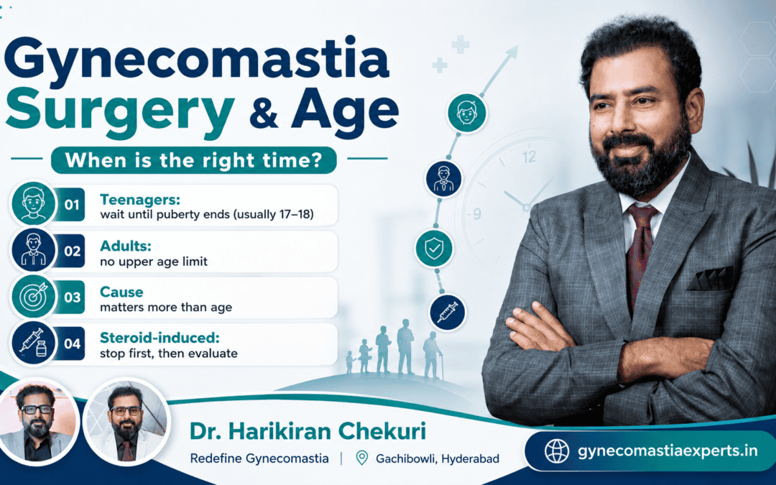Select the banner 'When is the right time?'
194,160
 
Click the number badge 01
71,204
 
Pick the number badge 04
71,343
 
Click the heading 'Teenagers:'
140,200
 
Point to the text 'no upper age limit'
154,262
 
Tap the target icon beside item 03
34,297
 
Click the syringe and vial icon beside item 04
34,343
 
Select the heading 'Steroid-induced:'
160,338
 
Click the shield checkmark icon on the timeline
434,249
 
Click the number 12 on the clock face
529,157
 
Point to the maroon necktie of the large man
640,251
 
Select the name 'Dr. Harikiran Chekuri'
308,431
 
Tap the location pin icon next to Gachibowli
362,458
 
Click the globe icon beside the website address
557,451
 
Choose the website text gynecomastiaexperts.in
668,451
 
